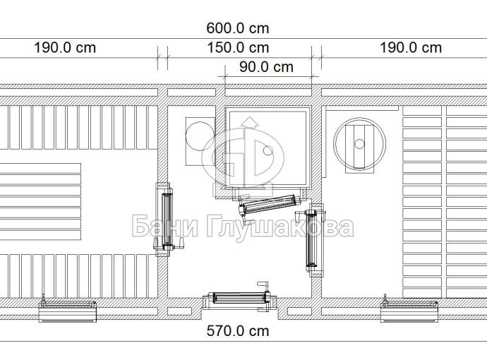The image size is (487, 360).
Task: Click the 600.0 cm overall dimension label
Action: [x=238, y=28]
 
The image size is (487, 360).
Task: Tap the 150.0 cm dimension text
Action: [x=238, y=48]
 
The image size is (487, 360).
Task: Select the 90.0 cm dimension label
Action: [x=266, y=67]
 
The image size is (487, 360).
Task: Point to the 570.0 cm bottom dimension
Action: [x=238, y=331]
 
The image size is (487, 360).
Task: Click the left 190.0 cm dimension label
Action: [x=65, y=48]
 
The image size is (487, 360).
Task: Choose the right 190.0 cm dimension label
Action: [x=411, y=48]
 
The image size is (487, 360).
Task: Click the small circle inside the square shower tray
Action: [x=267, y=151]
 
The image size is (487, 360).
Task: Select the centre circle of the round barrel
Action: [x=359, y=144]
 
